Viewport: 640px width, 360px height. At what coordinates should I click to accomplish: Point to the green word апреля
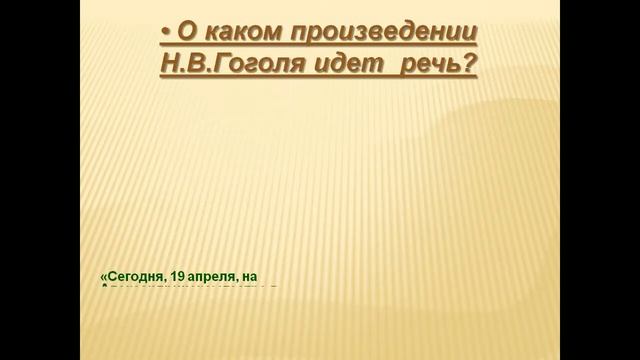pos(221,274)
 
